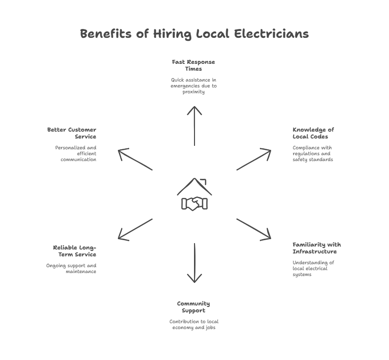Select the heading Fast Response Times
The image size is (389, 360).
pos(194,66)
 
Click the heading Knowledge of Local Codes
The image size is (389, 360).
pos(313,133)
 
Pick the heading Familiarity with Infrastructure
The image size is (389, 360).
pos(316,248)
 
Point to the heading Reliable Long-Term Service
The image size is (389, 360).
pos(74,251)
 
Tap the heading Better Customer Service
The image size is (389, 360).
pos(72,133)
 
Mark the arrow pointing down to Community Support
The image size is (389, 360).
pos(194,263)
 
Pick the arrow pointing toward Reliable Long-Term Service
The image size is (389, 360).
pos(135,229)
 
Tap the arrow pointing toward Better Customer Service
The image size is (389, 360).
pos(135,160)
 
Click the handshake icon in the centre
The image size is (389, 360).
pos(194,203)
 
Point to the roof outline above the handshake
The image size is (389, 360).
pos(194,185)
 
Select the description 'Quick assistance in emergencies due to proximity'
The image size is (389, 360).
pos(194,85)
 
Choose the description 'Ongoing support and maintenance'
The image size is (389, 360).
pos(71,268)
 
